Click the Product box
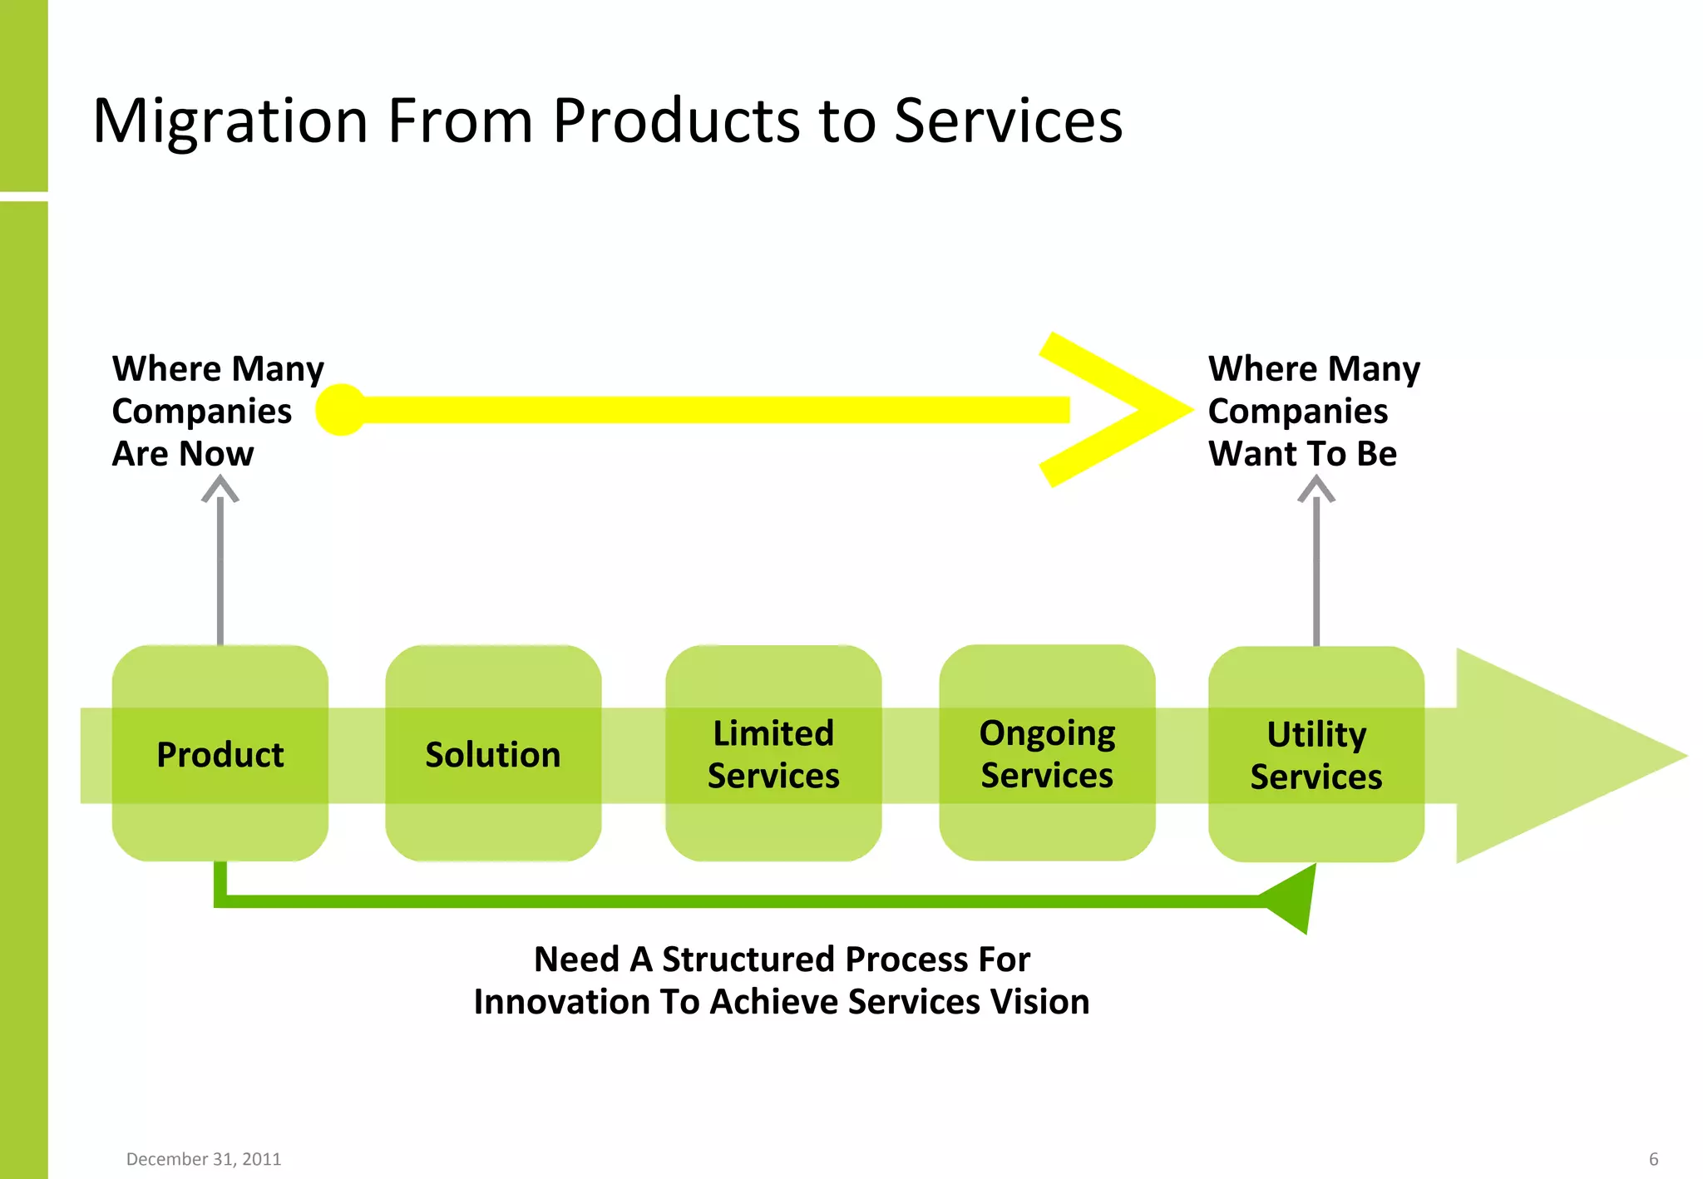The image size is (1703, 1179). click(220, 753)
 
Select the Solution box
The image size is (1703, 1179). click(493, 753)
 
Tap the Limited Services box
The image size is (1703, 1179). click(773, 753)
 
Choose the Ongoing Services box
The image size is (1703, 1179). click(1047, 752)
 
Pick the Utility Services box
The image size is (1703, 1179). click(1316, 754)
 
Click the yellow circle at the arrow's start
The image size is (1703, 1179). click(341, 409)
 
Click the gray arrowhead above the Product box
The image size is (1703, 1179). click(220, 489)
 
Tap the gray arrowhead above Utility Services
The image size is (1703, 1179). click(1316, 489)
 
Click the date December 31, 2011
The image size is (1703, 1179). click(204, 1159)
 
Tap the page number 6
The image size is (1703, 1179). click(1653, 1159)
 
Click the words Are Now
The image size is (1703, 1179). click(183, 454)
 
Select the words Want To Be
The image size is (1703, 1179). click(1302, 454)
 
